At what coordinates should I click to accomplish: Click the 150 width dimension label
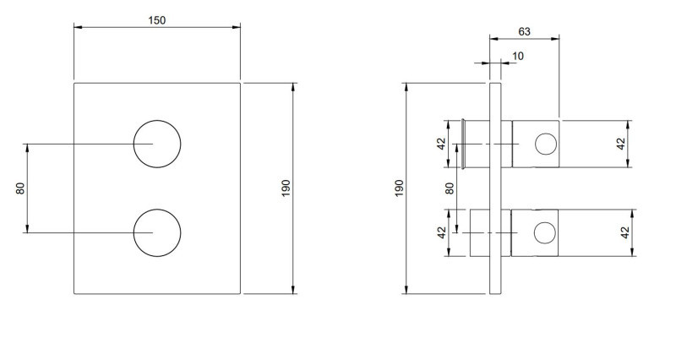coord(157,20)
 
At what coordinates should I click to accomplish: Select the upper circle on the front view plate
coord(156,144)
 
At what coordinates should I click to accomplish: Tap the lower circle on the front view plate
coord(156,232)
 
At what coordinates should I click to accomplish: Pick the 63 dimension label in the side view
coord(524,31)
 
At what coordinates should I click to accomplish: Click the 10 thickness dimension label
coord(517,56)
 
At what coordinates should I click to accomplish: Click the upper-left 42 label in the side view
coord(441,144)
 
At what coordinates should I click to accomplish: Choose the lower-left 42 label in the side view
coord(441,232)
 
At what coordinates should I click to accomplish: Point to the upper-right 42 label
coord(625,144)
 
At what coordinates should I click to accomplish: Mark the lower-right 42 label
coord(625,232)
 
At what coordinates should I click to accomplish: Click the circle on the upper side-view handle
coord(546,144)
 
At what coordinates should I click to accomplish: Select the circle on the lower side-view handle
coord(546,232)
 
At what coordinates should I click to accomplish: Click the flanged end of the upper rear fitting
coord(464,144)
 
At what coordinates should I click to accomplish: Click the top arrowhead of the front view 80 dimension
coord(28,146)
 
